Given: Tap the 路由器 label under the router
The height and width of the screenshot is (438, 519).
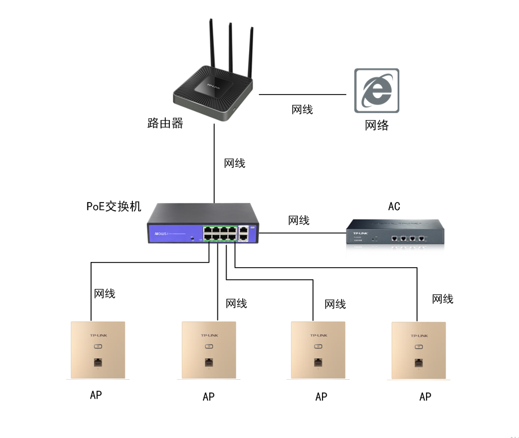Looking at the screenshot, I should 165,123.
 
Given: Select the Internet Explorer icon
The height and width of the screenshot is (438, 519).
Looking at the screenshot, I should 376,91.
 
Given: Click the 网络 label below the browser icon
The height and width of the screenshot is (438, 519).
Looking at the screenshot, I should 377,125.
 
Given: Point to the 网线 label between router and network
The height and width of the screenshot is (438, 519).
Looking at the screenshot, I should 302,109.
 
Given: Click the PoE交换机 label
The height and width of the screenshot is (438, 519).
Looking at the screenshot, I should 114,207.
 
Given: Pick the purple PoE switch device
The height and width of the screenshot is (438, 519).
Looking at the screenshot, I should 202,224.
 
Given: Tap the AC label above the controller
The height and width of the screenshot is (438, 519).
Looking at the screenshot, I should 394,206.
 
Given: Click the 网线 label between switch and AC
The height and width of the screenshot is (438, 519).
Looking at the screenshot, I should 299,220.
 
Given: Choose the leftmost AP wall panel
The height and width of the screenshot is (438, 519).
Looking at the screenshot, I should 97,350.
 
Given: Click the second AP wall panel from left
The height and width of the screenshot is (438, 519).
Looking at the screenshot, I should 209,350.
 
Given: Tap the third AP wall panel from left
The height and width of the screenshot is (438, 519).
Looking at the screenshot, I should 318,350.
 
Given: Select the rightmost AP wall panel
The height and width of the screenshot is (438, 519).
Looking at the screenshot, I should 418,350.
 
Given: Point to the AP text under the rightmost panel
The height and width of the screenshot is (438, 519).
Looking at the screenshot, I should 425,396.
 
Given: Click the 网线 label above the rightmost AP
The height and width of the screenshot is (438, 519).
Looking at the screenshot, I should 443,299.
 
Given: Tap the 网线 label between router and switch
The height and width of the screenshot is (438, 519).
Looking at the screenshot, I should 235,163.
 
